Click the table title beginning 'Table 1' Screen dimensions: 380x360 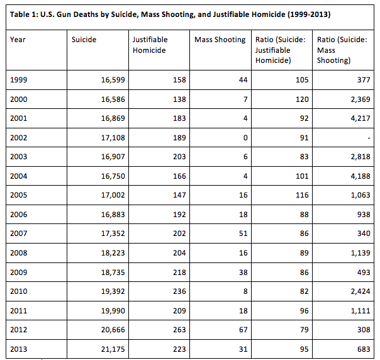pyautogui.click(x=170, y=14)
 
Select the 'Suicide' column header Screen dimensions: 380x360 pyautogui.click(x=84, y=40)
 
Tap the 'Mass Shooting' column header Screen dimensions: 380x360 pyautogui.click(x=220, y=40)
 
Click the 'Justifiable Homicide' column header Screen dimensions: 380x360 pyautogui.click(x=150, y=45)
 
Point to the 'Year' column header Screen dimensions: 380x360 pyautogui.click(x=18, y=40)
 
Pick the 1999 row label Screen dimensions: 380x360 pyautogui.click(x=19, y=80)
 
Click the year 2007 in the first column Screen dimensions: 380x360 pyautogui.click(x=19, y=233)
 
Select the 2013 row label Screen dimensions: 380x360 pyautogui.click(x=19, y=349)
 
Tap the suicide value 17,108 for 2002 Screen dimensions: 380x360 pyautogui.click(x=113, y=138)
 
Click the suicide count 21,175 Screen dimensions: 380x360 pyautogui.click(x=113, y=349)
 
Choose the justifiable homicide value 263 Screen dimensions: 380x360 pyautogui.click(x=179, y=330)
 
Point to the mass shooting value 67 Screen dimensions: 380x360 pyautogui.click(x=243, y=330)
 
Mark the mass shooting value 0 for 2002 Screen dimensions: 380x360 pyautogui.click(x=245, y=138)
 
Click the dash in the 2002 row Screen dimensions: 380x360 pyautogui.click(x=369, y=138)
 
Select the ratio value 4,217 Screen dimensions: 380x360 pyautogui.click(x=360, y=118)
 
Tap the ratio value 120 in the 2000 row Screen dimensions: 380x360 pyautogui.click(x=302, y=99)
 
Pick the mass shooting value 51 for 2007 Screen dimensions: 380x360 pyautogui.click(x=243, y=233)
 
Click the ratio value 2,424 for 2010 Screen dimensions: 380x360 pyautogui.click(x=360, y=291)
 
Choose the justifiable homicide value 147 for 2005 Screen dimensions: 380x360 pyautogui.click(x=179, y=195)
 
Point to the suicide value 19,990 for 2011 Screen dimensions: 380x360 pyautogui.click(x=113, y=311)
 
